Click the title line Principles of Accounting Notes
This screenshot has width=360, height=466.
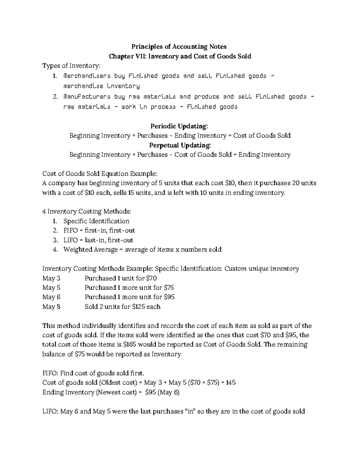click(179, 47)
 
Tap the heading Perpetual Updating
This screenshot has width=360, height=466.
click(180, 145)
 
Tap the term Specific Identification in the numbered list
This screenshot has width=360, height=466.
click(96, 221)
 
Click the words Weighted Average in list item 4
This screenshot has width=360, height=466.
click(91, 250)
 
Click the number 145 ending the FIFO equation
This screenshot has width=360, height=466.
click(231, 383)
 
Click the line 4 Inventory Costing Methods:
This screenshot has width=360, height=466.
click(87, 212)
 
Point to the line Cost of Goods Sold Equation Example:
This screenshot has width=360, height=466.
click(100, 174)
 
